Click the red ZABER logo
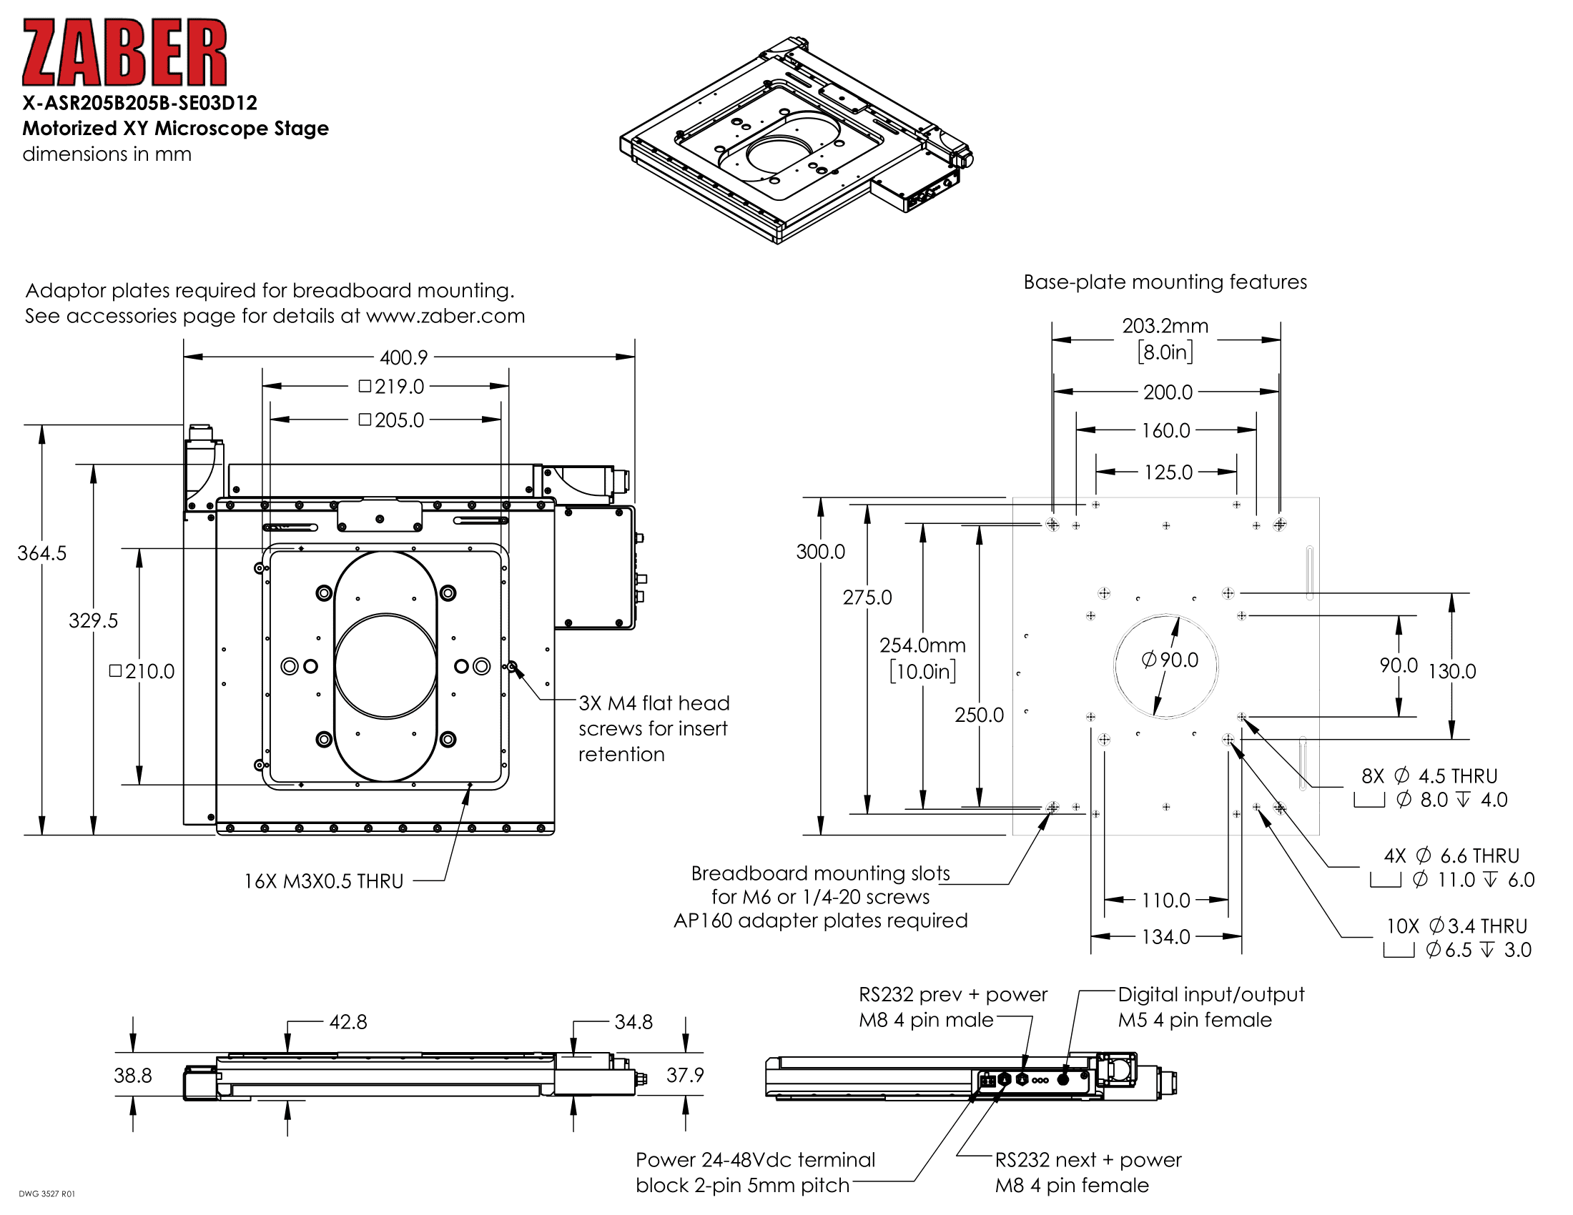[x=124, y=53]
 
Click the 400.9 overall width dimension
[x=403, y=357]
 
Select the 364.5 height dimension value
[x=41, y=552]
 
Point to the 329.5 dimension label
[x=93, y=620]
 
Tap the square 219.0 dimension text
[x=393, y=387]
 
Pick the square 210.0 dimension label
[x=142, y=672]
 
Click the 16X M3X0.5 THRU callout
[x=323, y=881]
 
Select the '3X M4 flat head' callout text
[x=654, y=703]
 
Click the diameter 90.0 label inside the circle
[x=1170, y=660]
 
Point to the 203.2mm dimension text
[x=1165, y=326]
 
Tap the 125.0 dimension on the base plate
[x=1168, y=472]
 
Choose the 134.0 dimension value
[x=1165, y=936]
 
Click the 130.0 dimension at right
[x=1451, y=672]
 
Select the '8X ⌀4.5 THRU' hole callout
[x=1429, y=776]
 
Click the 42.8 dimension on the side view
[x=348, y=1022]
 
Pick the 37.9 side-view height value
[x=684, y=1075]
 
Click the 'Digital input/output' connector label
[x=1210, y=995]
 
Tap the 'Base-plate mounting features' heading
[x=1165, y=282]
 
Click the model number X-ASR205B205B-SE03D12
[x=139, y=103]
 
